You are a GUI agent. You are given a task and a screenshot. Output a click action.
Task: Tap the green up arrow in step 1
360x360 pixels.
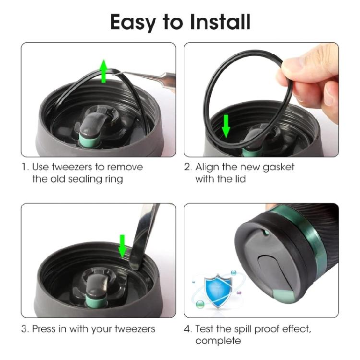click(104, 71)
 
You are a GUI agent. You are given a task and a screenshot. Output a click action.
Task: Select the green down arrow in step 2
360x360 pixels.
click(227, 126)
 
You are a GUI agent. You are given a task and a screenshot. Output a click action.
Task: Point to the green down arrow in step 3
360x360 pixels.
click(123, 245)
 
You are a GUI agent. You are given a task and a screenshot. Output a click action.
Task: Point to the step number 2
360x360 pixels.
click(187, 168)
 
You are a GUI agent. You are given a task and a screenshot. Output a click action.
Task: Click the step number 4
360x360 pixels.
click(187, 329)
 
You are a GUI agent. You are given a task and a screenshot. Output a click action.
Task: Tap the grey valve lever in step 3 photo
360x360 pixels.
click(95, 282)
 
